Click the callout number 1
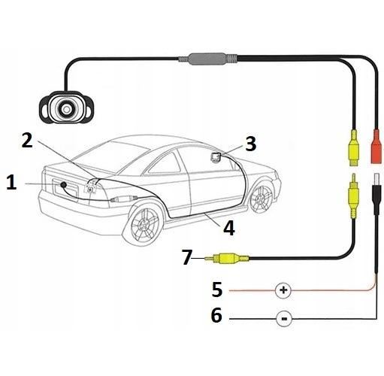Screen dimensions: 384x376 coord(11,183)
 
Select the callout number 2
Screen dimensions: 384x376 coord(27,141)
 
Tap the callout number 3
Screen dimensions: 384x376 coord(250,144)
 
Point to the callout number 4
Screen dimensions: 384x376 coord(229,228)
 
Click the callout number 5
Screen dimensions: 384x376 coord(217,290)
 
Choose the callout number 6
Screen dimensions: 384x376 coord(216,315)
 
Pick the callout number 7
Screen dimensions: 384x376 coord(187,257)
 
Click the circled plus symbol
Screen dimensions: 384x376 coord(283,290)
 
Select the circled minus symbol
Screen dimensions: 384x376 coord(284,319)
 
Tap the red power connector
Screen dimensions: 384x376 coord(377,147)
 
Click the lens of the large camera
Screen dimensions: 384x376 coord(66,109)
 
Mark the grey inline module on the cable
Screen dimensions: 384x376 coord(207,59)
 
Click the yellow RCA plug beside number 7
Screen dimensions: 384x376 coord(227,258)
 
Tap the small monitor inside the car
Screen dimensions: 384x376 coord(216,157)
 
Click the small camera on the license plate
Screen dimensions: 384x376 coord(63,185)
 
